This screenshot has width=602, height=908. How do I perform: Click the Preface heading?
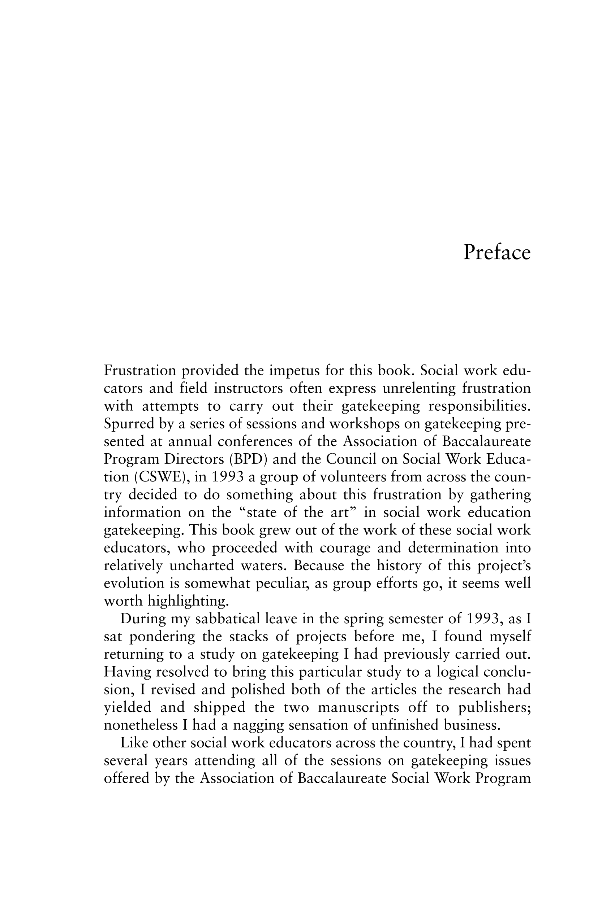point(496,253)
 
